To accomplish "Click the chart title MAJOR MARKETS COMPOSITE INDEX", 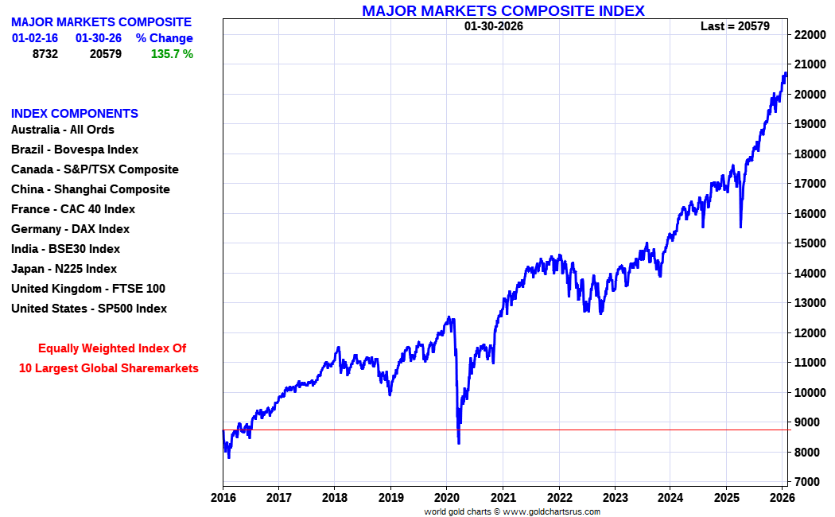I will (503, 10).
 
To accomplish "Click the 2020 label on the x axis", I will (446, 498).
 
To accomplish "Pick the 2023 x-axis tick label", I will (614, 498).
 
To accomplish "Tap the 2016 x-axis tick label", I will (223, 498).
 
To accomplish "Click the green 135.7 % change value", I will (172, 54).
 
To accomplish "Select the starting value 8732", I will (45, 54).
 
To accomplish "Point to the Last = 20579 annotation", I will (736, 26).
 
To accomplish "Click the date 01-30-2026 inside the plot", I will (494, 26).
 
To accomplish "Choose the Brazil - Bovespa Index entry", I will (75, 150).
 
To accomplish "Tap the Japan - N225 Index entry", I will (64, 269).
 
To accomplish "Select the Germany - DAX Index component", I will (70, 229).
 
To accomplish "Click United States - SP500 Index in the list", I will (89, 309).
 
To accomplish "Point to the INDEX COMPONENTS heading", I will (75, 114).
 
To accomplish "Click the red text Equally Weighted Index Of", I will (112, 348).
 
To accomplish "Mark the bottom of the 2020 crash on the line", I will (459, 442).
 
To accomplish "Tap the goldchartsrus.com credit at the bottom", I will (512, 511).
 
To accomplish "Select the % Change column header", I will (164, 38).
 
